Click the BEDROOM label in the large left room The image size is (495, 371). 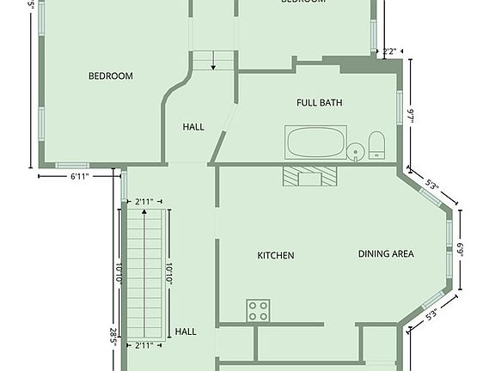coord(111,76)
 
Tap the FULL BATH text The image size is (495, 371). coord(320,103)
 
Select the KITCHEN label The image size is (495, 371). coord(276,256)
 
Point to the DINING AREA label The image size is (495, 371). coord(386,254)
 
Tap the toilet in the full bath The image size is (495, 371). coord(376,145)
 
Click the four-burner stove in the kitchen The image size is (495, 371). coord(258,310)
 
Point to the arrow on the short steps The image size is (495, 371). coord(213,61)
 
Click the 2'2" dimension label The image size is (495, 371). coord(390,52)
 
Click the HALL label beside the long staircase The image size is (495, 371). coord(186,331)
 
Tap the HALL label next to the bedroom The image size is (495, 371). coord(193,127)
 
